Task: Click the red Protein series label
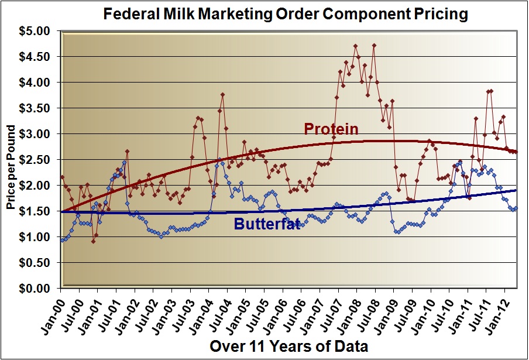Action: (331, 129)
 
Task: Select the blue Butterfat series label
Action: (266, 224)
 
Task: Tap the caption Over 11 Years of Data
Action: (288, 346)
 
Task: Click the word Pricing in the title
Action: (441, 13)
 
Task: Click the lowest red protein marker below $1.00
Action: (93, 241)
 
